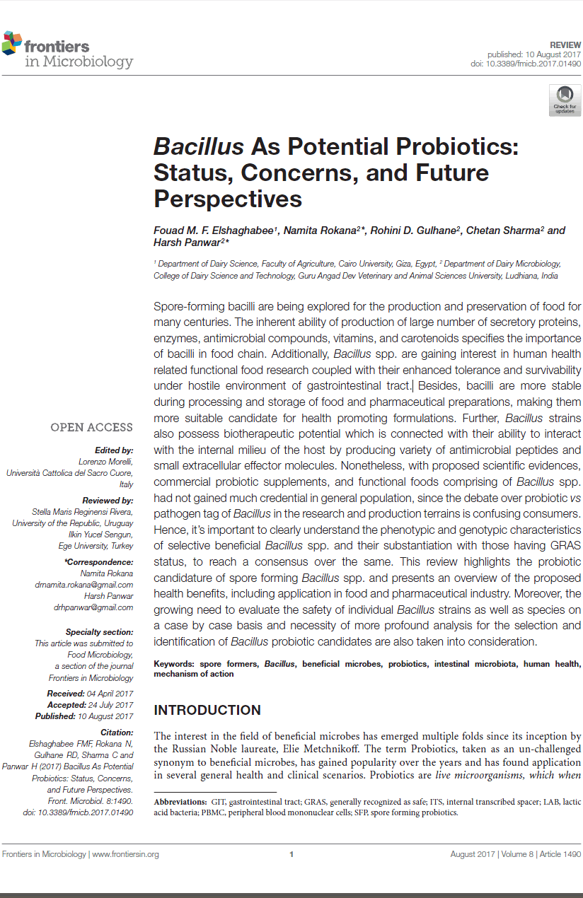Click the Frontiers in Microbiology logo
pos(67,51)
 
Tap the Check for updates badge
pos(565,100)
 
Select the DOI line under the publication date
pos(526,64)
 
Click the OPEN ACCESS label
pos(91,427)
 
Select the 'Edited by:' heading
pos(114,450)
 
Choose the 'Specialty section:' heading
pos(99,632)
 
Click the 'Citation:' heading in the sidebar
pos(117,733)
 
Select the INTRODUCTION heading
pos(207,710)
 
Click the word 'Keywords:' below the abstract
pos(174,664)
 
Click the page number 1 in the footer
pos(291,854)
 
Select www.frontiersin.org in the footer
pos(125,854)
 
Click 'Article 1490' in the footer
pos(560,854)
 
